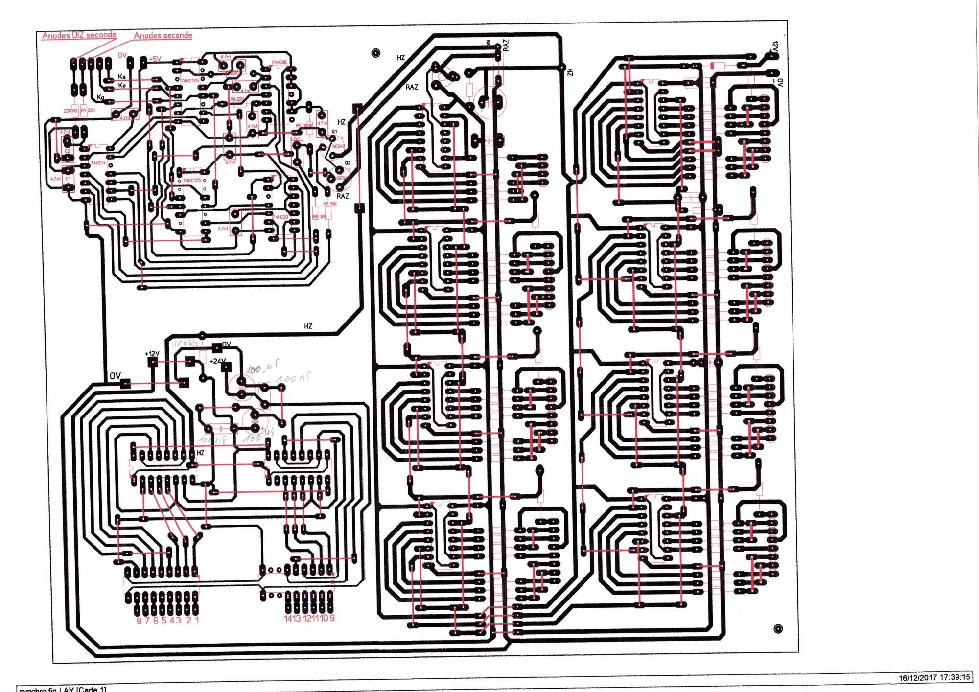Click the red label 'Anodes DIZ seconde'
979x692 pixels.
79,35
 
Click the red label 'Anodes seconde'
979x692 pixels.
163,36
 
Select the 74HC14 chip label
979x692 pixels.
98,163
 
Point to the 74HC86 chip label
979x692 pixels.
279,63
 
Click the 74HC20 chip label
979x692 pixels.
280,217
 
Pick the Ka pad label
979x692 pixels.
122,77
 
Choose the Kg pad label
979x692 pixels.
101,97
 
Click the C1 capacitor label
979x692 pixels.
68,179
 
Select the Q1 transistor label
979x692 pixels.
334,132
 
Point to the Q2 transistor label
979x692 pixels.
348,163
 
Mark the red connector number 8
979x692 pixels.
139,620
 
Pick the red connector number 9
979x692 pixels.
332,618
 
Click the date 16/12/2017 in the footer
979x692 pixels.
916,678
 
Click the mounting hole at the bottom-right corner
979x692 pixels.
778,629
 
